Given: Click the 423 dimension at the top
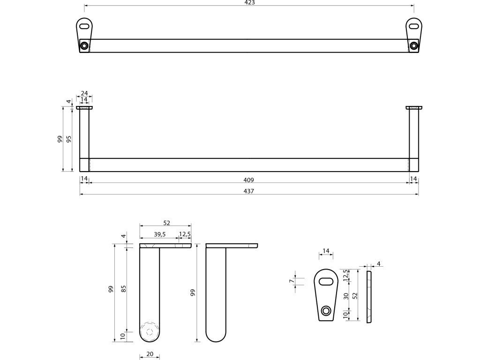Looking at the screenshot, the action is [249, 2].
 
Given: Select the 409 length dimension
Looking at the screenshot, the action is [248, 180].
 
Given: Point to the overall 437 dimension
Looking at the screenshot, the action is [249, 191].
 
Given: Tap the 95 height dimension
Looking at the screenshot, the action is [69, 139].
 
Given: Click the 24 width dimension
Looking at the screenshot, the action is [84, 93].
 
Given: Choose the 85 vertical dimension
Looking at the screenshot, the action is [124, 289].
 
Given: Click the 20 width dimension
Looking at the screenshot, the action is [150, 354].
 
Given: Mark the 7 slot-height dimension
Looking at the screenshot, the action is [291, 281].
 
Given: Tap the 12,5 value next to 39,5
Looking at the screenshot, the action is [184, 235].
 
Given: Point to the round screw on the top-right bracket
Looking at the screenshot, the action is [413, 45].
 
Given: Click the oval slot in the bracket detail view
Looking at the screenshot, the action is [327, 281].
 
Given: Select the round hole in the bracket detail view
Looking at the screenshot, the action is [326, 310].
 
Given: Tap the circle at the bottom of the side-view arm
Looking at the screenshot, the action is [150, 331].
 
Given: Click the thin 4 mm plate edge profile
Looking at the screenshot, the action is [368, 296].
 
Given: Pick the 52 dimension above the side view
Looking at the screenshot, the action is [166, 223].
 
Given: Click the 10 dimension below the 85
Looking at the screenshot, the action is [124, 336].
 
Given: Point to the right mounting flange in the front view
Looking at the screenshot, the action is [413, 107].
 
